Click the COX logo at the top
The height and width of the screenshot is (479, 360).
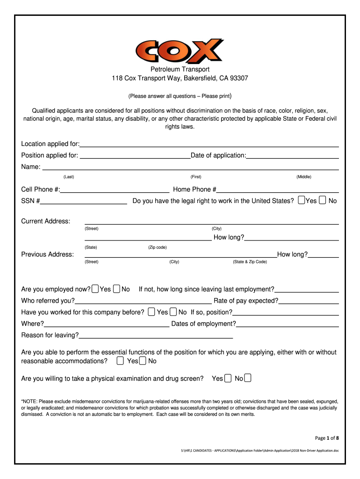180,51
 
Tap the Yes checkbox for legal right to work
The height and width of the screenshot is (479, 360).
302,200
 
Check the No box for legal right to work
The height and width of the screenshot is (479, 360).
323,200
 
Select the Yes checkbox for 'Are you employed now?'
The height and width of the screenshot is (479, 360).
95,289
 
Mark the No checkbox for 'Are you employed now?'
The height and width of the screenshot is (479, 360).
117,289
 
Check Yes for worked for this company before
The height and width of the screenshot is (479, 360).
151,312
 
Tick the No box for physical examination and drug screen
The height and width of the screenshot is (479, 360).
248,378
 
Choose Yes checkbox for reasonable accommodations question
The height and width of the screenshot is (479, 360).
121,361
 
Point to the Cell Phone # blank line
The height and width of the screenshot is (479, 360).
115,192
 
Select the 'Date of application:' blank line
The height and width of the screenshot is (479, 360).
293,158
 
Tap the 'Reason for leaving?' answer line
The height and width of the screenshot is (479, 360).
156,337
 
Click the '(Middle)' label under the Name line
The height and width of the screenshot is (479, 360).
304,177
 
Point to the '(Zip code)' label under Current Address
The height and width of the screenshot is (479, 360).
158,247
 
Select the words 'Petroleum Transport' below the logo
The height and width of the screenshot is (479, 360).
180,69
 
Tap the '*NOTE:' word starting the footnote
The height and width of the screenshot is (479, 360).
30,401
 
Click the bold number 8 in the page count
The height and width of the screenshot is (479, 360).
338,438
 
